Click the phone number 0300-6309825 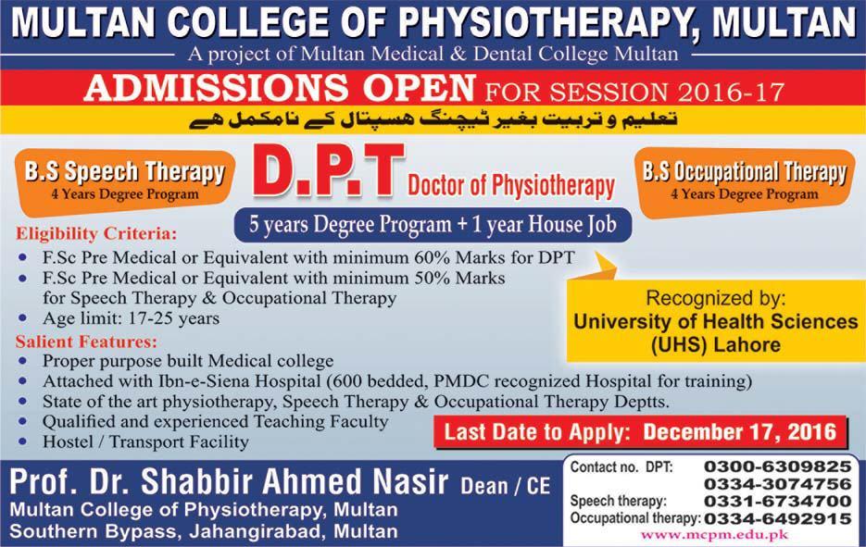[x=777, y=466]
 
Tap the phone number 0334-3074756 [x=777, y=484]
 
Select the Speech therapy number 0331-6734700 [x=777, y=502]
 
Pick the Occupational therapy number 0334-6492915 [x=777, y=518]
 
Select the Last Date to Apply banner [x=640, y=431]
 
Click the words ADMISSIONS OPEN [x=276, y=91]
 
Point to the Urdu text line [x=433, y=119]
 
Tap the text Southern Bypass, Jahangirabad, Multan [x=205, y=531]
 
